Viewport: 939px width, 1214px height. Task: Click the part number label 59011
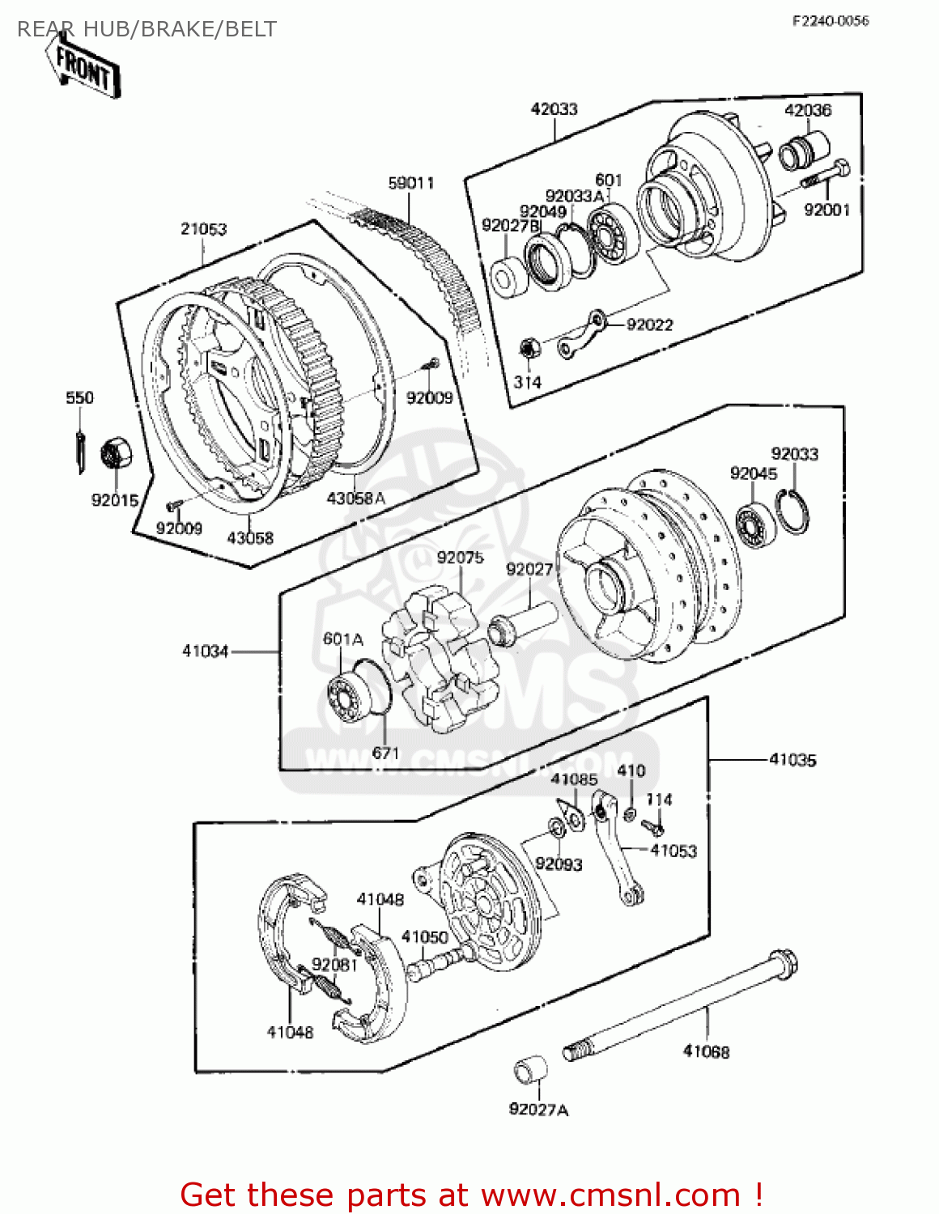point(411,184)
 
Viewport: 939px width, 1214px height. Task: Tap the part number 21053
point(203,229)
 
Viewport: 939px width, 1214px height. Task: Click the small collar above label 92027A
point(531,1072)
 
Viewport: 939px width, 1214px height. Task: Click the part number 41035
point(792,760)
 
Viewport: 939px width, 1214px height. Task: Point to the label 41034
point(206,651)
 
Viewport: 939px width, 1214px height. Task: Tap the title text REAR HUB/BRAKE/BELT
point(147,30)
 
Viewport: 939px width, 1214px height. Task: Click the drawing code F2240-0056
point(830,21)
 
